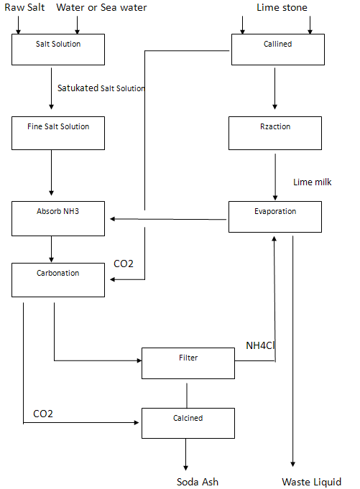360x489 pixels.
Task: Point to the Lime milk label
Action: (313, 182)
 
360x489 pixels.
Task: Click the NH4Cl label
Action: (261, 345)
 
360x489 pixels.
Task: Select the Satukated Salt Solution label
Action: (101, 88)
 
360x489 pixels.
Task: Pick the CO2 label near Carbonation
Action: (124, 264)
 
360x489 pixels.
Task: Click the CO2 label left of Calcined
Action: (43, 414)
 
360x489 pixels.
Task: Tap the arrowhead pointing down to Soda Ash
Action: (186, 466)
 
